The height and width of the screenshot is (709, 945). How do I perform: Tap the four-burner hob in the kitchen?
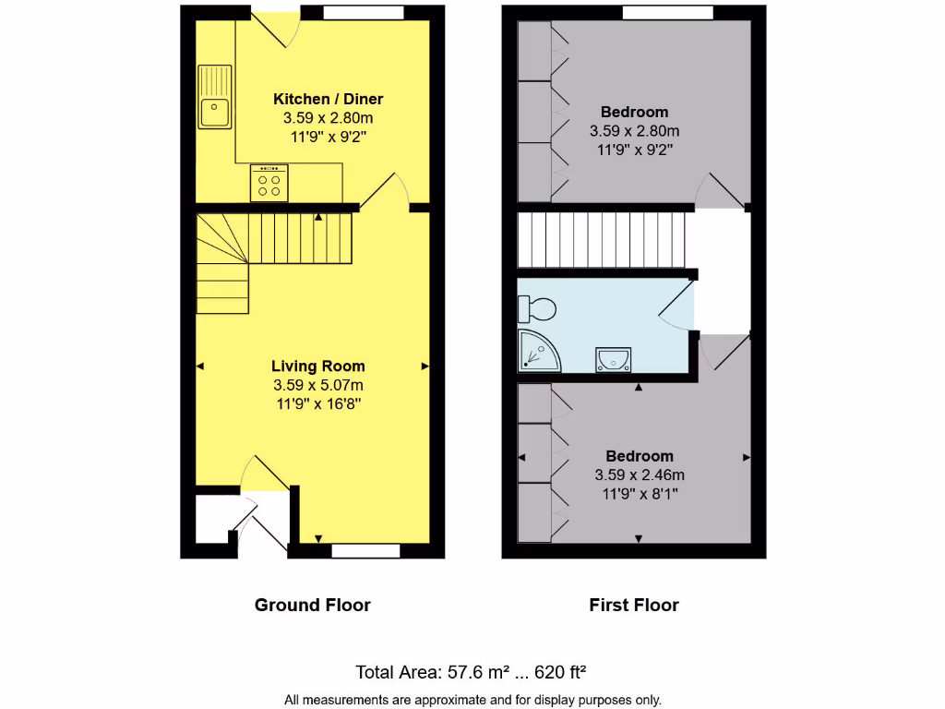tap(269, 183)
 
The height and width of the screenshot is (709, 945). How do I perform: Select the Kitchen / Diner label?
tap(328, 99)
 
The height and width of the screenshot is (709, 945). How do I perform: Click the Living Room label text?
tap(317, 366)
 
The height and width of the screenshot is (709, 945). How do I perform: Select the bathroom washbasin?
tap(613, 359)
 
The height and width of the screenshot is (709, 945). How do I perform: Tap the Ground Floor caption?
tap(312, 606)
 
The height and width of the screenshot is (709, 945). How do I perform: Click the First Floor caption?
tap(634, 606)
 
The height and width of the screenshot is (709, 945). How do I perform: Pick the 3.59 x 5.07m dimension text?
tap(317, 385)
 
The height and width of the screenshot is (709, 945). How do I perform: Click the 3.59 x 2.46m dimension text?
tap(640, 475)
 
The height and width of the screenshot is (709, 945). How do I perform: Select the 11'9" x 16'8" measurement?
tap(317, 404)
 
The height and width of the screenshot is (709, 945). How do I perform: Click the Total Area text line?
tap(472, 672)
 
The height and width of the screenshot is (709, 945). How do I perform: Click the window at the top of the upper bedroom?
tap(667, 12)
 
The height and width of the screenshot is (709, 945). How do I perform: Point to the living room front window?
tap(365, 551)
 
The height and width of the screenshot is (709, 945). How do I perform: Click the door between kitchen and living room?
tap(384, 191)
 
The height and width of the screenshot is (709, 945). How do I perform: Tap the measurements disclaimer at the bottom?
tap(472, 700)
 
